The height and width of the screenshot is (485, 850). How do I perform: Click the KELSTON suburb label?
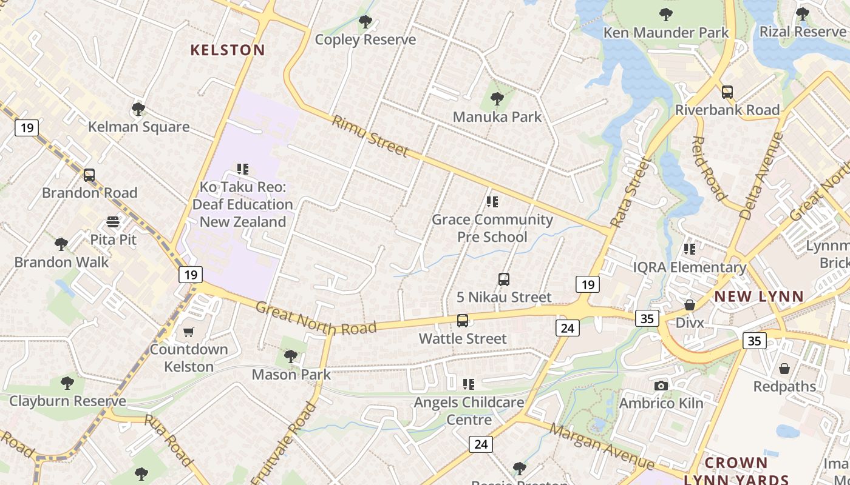pos(228,50)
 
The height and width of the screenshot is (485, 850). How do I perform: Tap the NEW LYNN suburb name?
pos(759,296)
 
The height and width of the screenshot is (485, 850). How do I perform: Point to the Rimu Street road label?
pos(370,136)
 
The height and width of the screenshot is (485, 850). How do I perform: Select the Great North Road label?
pos(316,319)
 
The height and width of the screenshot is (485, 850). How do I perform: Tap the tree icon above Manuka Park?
pos(497,99)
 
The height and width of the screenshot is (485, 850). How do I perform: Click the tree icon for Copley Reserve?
pos(365,22)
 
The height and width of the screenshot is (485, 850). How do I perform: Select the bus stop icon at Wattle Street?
pos(463,321)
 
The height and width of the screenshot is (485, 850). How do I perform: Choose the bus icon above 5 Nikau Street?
pos(503,279)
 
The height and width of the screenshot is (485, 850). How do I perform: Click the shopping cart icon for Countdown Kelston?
pos(189,332)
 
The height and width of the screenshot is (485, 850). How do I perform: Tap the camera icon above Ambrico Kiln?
pos(661,386)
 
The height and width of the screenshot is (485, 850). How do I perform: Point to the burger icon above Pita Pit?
pos(113,222)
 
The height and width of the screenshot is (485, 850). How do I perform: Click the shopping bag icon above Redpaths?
pos(784,369)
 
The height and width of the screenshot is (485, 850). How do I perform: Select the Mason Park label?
pos(291,375)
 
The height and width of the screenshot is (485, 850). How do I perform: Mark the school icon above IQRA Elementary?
pos(689,249)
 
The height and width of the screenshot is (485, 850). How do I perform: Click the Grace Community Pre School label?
pos(492,228)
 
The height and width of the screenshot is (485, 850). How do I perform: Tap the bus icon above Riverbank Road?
pos(727,92)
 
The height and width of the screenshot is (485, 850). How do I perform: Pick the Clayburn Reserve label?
pos(67,401)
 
